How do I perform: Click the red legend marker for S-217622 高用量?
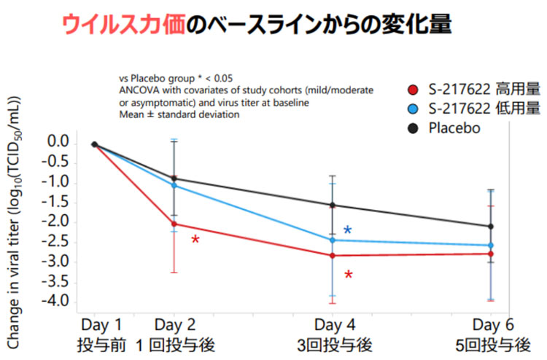coord(413,90)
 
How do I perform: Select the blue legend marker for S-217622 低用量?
coord(413,109)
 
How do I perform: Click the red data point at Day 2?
coord(174,224)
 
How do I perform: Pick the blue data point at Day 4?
coord(333,240)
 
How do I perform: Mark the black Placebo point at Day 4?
coord(333,206)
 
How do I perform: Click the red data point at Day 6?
coord(490,254)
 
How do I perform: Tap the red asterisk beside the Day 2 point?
coord(195,240)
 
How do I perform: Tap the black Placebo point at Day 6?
coord(490,226)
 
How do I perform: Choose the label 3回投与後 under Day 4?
coord(333,344)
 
